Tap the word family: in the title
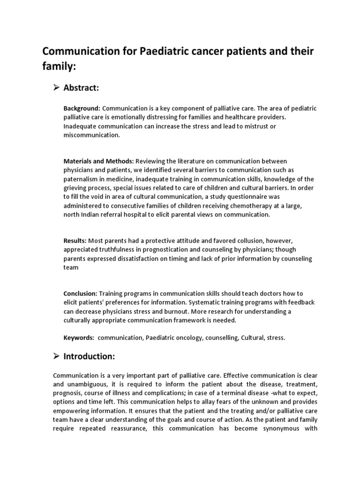(x=59, y=67)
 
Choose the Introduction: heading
(x=89, y=356)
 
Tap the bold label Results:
(x=75, y=240)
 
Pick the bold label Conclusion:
(x=80, y=293)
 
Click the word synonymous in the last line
(x=274, y=428)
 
